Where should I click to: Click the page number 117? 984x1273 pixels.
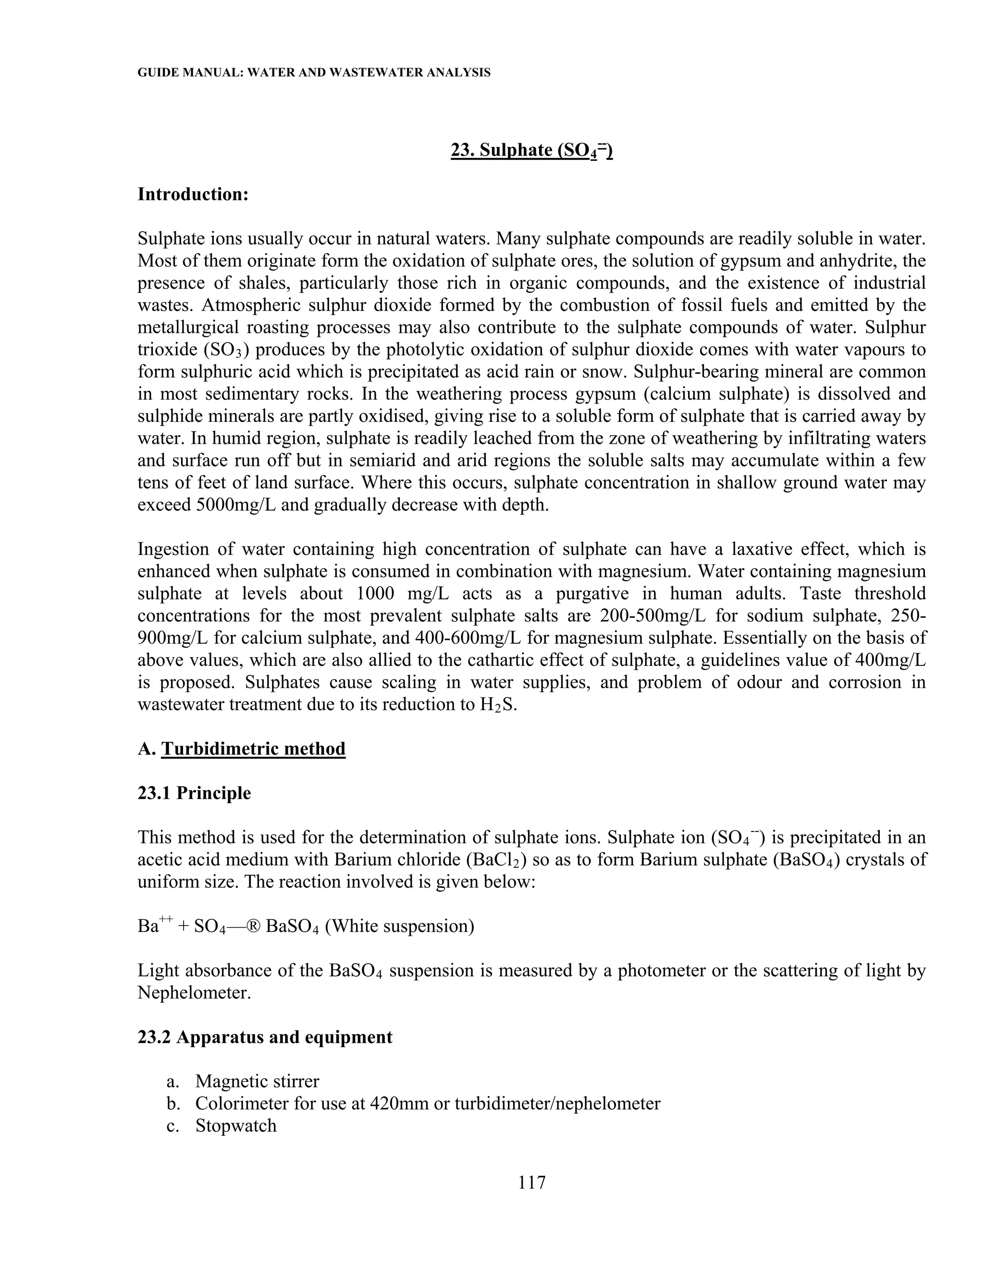tap(531, 1183)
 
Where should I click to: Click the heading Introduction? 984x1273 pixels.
tap(193, 194)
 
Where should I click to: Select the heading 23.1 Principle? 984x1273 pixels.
tap(194, 793)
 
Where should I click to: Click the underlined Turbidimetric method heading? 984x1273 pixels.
tap(253, 748)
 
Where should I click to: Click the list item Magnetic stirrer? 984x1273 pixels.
tap(257, 1081)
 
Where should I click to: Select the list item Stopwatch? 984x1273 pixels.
tap(235, 1126)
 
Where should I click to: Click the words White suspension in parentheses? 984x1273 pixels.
tap(399, 926)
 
